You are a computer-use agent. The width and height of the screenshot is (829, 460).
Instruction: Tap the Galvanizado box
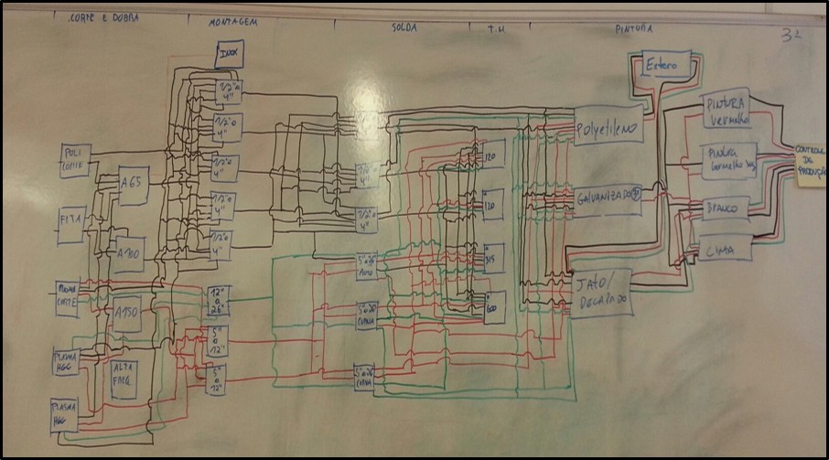[609, 196]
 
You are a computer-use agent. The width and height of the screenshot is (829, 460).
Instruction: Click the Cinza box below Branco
[727, 248]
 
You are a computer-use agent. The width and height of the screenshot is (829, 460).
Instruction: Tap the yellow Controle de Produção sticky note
[809, 165]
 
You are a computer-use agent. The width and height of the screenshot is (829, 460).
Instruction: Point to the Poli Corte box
[74, 157]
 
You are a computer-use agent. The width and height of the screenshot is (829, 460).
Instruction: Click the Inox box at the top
[228, 55]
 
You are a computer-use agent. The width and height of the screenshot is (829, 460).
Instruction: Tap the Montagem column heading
[231, 21]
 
